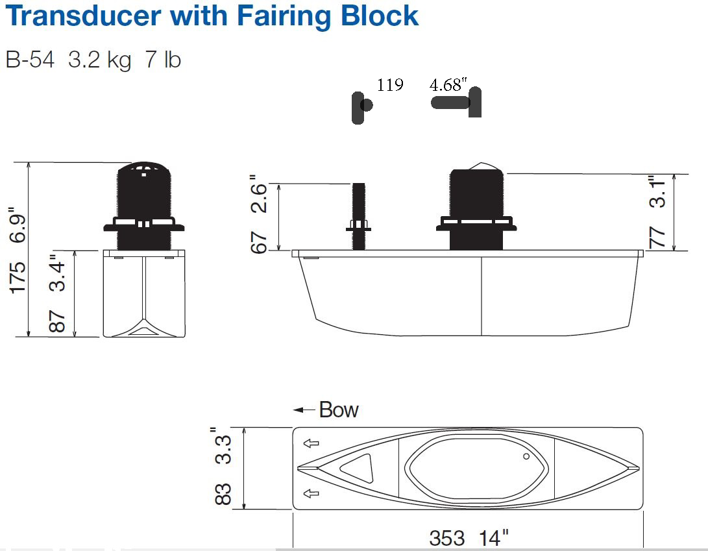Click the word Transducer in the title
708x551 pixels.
tap(84, 16)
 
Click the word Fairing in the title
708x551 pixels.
tap(285, 17)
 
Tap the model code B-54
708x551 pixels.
tap(30, 60)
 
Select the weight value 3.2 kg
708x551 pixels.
tap(99, 60)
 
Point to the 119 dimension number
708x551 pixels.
tap(390, 85)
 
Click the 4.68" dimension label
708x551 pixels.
tap(448, 84)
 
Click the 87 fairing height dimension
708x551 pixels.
tap(57, 321)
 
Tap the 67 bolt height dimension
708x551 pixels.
tap(259, 243)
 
